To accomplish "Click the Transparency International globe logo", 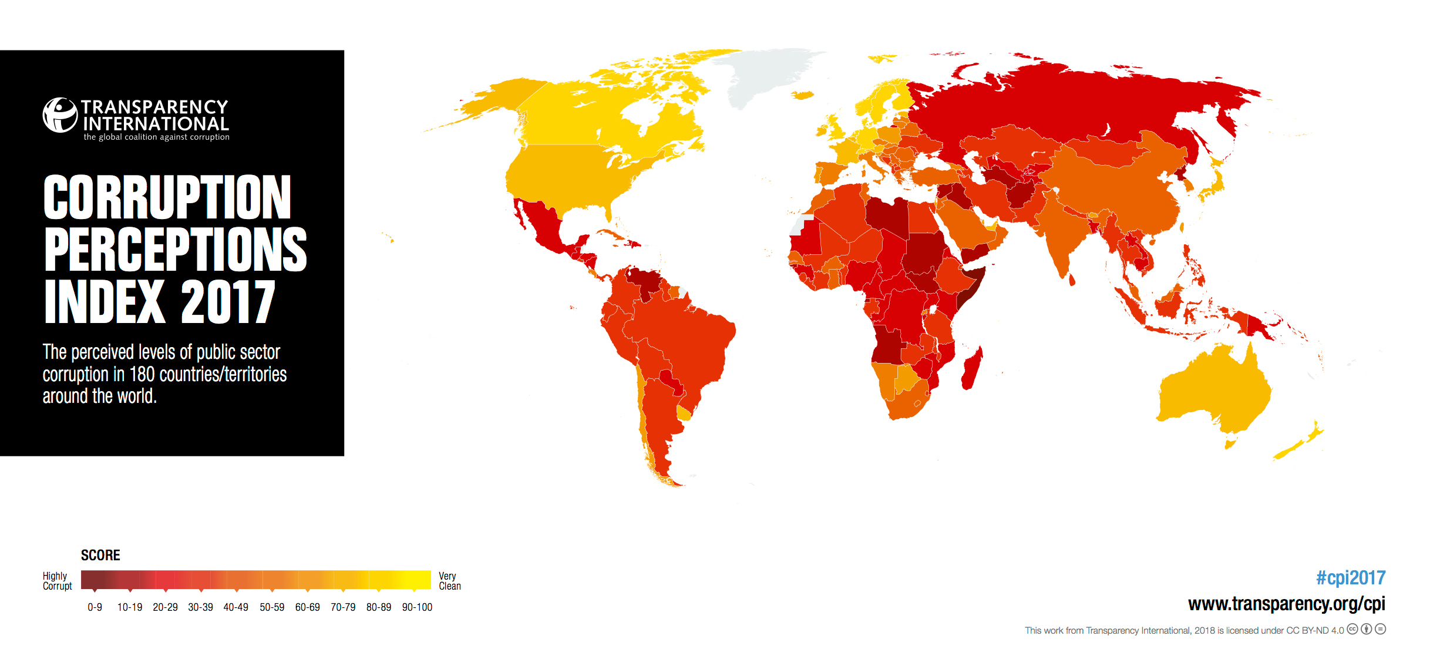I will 60,115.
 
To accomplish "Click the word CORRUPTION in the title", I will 167,197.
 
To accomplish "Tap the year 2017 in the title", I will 228,302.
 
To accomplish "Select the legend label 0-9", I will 95,607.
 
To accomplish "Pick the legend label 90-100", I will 417,607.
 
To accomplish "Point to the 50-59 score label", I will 272,607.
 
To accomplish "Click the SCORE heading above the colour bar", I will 100,556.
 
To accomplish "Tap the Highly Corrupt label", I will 57,581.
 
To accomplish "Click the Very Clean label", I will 449,581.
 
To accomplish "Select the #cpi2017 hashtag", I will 1350,578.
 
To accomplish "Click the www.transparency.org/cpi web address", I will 1286,604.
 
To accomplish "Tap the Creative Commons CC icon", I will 1352,629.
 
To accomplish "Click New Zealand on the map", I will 1301,443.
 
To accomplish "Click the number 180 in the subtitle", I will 142,374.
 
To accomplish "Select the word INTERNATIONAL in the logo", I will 156,124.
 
